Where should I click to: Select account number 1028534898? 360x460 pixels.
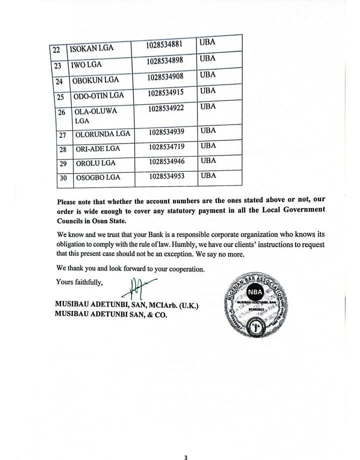165,61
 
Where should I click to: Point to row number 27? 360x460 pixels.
63,134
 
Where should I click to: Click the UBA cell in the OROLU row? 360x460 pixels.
208,160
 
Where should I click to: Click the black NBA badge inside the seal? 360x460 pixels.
254,292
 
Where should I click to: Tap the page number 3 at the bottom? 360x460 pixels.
185,443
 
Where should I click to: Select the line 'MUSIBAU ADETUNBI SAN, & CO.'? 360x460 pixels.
113,315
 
